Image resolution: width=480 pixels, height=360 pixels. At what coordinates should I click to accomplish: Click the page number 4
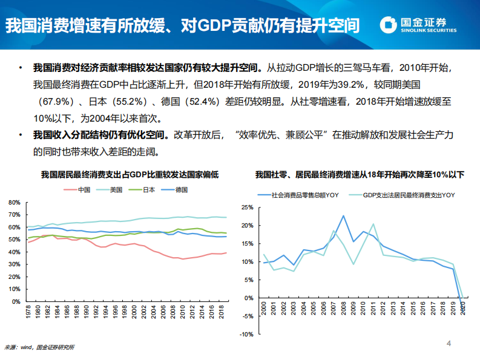pyautogui.click(x=449, y=344)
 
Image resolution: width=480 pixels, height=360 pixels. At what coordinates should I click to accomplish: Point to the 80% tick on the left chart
pyautogui.click(x=15, y=202)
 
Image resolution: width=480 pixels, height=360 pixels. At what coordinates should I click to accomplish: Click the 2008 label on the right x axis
pyautogui.click(x=343, y=315)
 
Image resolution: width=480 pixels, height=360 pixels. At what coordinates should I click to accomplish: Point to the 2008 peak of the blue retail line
pyautogui.click(x=343, y=215)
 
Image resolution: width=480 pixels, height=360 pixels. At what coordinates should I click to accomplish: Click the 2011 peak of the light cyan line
pyautogui.click(x=373, y=224)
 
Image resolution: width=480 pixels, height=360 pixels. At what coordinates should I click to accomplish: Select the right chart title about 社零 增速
pyautogui.click(x=360, y=175)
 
